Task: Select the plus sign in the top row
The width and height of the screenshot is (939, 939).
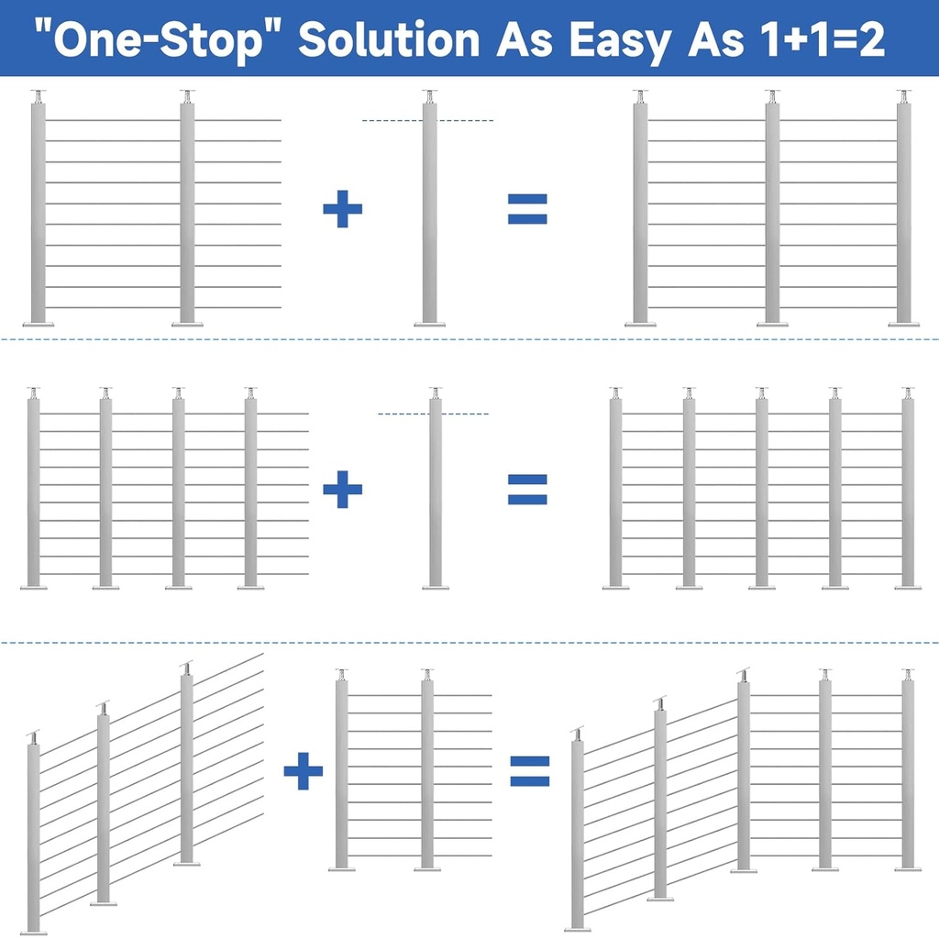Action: (x=343, y=210)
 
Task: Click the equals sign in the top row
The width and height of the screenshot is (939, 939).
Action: (x=527, y=210)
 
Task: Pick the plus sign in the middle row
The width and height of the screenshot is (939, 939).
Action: (x=343, y=489)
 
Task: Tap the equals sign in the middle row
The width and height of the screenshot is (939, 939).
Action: (x=527, y=489)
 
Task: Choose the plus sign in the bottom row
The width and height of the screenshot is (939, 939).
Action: (x=304, y=770)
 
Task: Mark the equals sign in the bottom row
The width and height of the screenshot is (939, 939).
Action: (x=530, y=770)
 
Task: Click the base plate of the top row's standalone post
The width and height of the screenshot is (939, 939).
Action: (x=429, y=324)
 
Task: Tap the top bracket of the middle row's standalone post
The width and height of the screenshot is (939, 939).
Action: (x=436, y=392)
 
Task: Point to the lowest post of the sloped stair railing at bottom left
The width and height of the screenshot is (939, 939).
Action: (x=34, y=834)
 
